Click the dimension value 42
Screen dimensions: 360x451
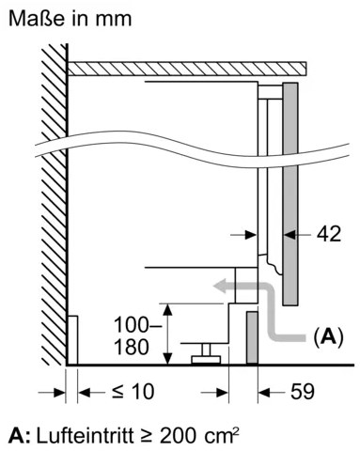[x=328, y=234]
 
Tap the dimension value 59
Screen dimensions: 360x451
[x=303, y=391]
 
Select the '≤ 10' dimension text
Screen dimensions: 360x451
[x=133, y=391]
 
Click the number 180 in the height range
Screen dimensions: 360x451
[x=131, y=348]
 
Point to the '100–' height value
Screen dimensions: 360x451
[x=138, y=324]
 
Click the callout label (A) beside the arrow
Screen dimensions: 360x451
[x=328, y=336]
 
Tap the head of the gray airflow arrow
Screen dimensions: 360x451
[x=220, y=287]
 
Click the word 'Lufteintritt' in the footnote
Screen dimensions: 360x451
[x=86, y=435]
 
